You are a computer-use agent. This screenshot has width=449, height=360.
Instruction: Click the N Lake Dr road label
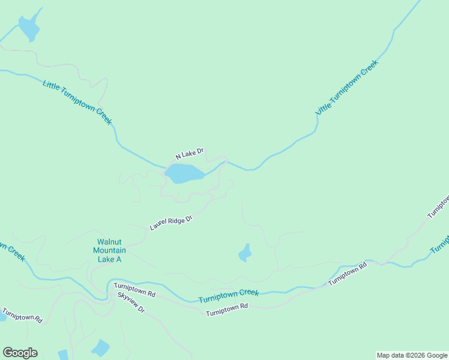190,154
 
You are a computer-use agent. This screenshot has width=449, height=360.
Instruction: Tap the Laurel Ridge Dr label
170,223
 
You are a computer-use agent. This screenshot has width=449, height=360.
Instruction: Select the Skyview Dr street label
131,303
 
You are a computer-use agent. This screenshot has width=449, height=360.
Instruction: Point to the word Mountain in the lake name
109,250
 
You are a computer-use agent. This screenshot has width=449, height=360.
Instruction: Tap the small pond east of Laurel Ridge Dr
245,253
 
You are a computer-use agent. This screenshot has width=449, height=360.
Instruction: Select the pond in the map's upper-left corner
28,27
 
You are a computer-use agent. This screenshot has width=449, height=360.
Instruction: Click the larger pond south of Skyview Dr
100,348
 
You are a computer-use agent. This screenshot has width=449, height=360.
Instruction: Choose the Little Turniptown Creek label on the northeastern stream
347,88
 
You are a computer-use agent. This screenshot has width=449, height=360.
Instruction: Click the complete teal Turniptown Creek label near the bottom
229,296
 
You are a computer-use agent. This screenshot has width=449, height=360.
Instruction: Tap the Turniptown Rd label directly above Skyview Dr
134,290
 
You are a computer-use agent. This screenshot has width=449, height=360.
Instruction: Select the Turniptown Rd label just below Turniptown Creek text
227,310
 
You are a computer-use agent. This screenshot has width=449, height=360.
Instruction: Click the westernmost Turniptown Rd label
22,316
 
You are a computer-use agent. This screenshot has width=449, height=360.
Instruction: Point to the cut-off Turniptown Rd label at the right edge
438,206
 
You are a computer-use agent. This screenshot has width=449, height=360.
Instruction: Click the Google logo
20,353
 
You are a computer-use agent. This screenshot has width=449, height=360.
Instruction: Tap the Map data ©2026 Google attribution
412,355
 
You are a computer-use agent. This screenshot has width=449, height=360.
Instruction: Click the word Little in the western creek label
52,85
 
